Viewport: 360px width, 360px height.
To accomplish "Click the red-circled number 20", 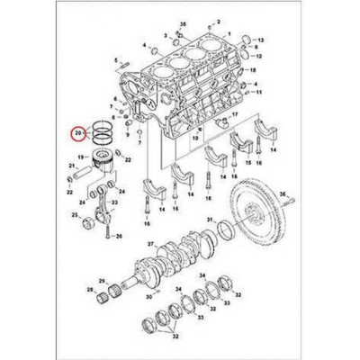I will [78, 135].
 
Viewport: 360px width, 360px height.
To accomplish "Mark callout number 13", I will [261, 42].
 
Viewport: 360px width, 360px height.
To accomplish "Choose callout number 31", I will [208, 220].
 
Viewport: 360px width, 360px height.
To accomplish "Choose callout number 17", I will [235, 116].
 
